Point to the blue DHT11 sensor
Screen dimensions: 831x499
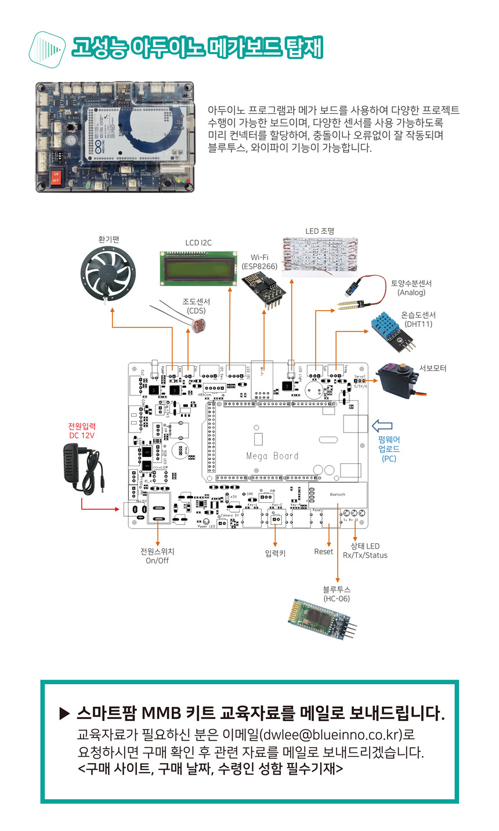click(392, 331)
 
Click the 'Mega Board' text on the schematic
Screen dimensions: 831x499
click(272, 456)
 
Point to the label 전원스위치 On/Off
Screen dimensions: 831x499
click(157, 556)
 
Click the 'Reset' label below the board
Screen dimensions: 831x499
click(323, 551)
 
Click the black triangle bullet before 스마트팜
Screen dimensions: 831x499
click(64, 713)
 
